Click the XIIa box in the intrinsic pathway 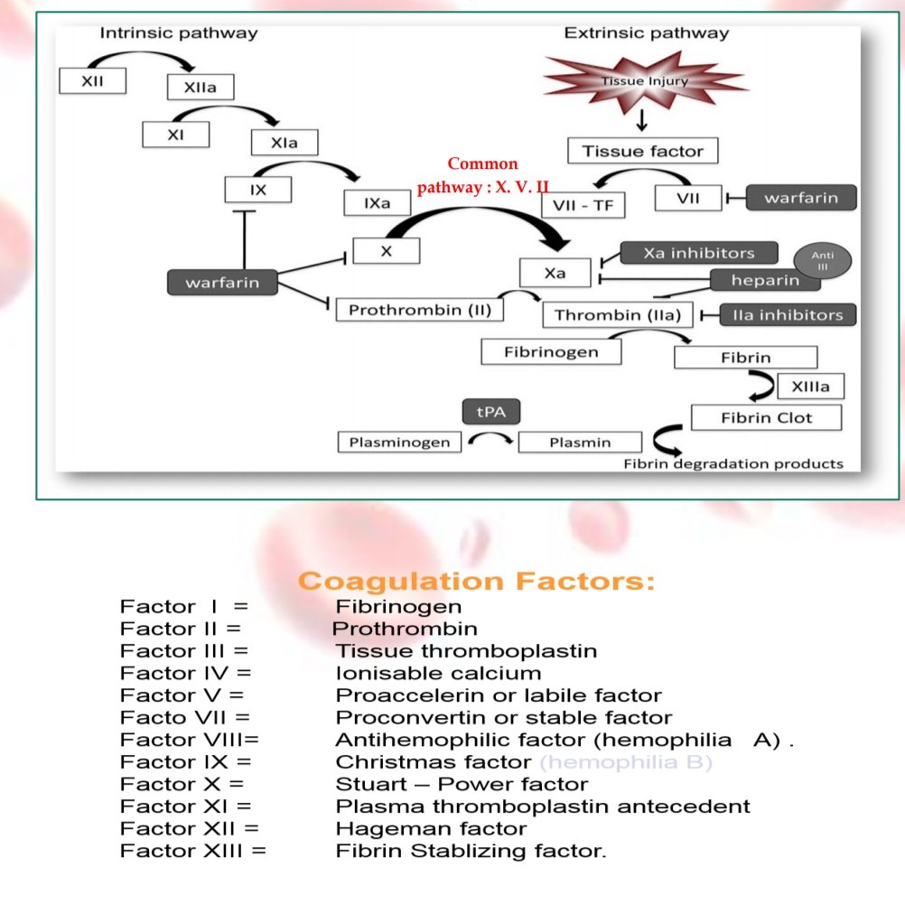(x=201, y=87)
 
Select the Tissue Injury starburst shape (x=643, y=81)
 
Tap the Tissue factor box (x=642, y=151)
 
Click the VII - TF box (x=583, y=205)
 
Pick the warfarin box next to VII (x=801, y=198)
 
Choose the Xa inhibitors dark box (x=698, y=254)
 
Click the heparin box (x=765, y=280)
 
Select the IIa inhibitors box (x=788, y=315)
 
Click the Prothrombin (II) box (x=419, y=310)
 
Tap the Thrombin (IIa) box (x=618, y=315)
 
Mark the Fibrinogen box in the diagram (x=551, y=351)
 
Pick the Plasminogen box (x=398, y=443)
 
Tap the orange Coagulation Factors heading (x=477, y=581)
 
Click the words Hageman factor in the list (x=431, y=828)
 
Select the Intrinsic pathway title (x=178, y=33)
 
